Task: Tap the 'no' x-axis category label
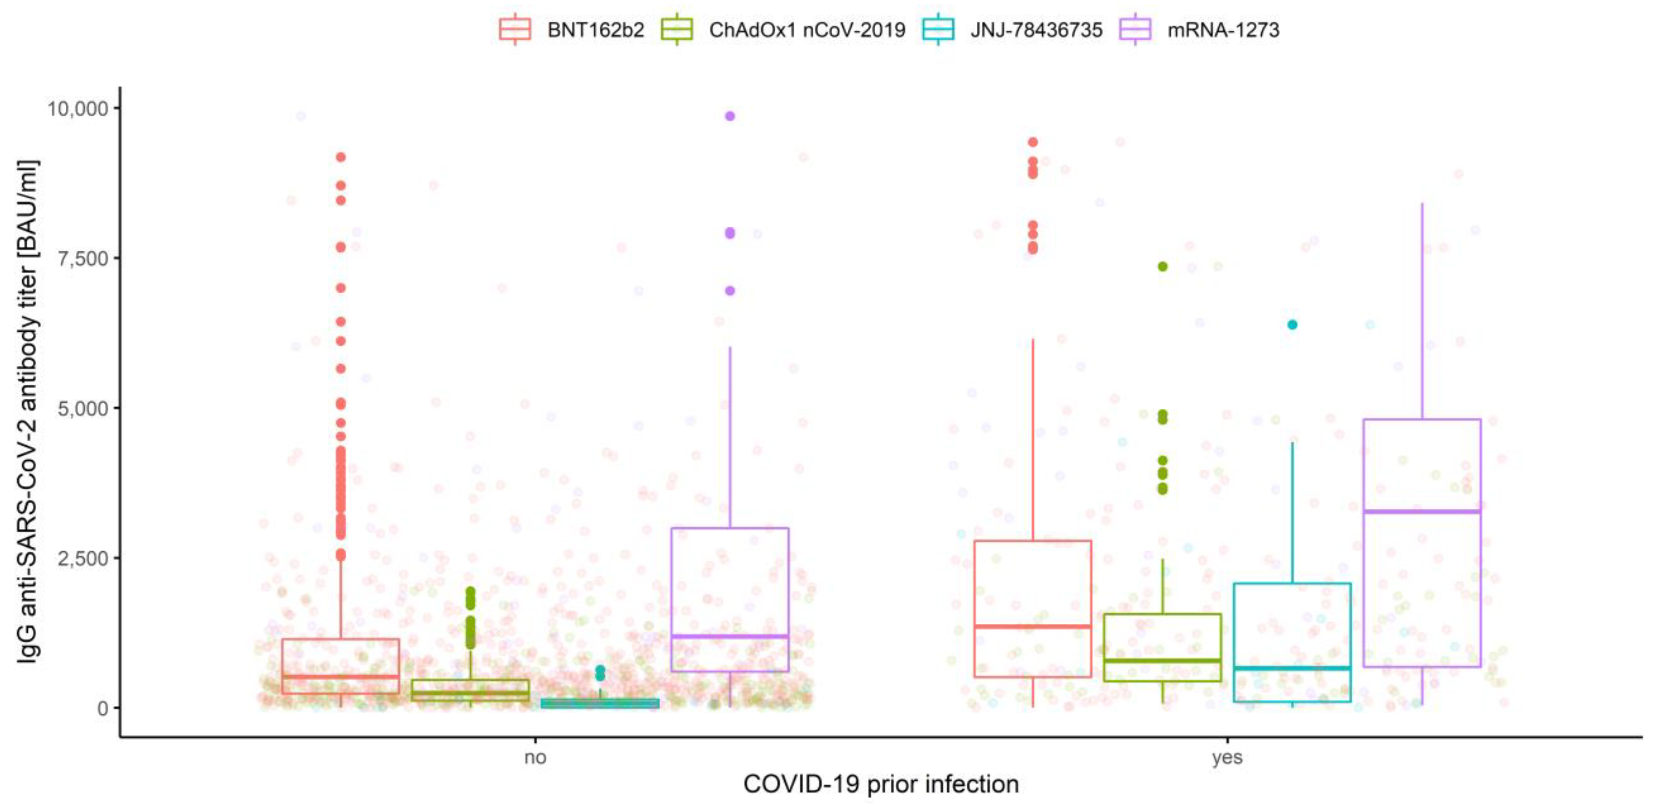point(535,757)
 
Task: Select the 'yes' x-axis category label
point(1227,757)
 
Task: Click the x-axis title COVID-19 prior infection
point(881,784)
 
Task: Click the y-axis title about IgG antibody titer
point(27,411)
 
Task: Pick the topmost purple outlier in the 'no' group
point(729,116)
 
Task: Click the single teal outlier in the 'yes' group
point(1292,325)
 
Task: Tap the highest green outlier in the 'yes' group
point(1162,266)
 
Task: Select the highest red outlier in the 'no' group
point(341,157)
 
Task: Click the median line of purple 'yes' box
point(1422,511)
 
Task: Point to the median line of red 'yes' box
point(1032,626)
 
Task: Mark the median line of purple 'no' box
point(729,636)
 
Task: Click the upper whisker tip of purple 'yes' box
point(1422,204)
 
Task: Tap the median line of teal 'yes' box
point(1292,668)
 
